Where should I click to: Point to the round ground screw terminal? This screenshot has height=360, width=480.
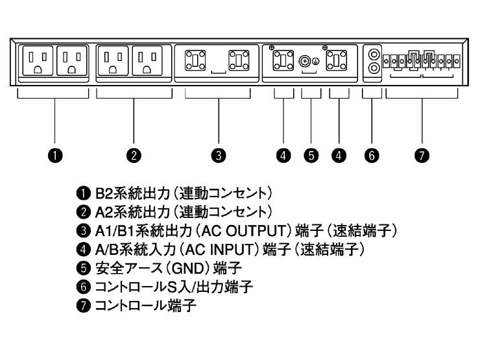coord(304,62)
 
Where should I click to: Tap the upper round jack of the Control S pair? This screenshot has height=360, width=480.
coord(372,54)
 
